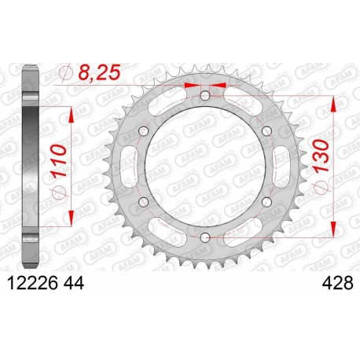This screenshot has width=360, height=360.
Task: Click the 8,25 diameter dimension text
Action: pyautogui.click(x=100, y=72)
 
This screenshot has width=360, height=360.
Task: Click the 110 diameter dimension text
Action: pyautogui.click(x=59, y=161)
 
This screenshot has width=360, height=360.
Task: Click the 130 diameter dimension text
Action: pyautogui.click(x=321, y=156)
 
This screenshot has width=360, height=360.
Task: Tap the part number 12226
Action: pyautogui.click(x=33, y=283)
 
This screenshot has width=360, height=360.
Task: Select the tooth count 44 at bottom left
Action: pyautogui.click(x=73, y=283)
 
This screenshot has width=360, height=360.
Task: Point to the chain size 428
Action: pyautogui.click(x=337, y=283)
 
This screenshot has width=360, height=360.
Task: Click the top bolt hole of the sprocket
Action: pyautogui.click(x=205, y=96)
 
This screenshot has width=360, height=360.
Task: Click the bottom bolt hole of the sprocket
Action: pyautogui.click(x=205, y=237)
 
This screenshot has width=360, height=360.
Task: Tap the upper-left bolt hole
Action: pyautogui.click(x=144, y=130)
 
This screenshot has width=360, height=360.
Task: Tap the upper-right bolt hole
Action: pyautogui.click(x=266, y=130)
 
